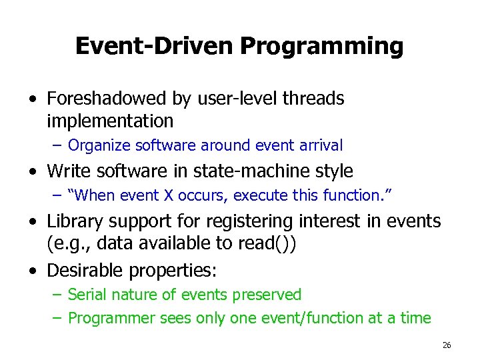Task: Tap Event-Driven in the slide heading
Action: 155,47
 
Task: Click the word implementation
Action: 110,121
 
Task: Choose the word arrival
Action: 317,145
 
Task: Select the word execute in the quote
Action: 237,195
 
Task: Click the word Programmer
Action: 112,318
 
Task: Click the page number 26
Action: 446,345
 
